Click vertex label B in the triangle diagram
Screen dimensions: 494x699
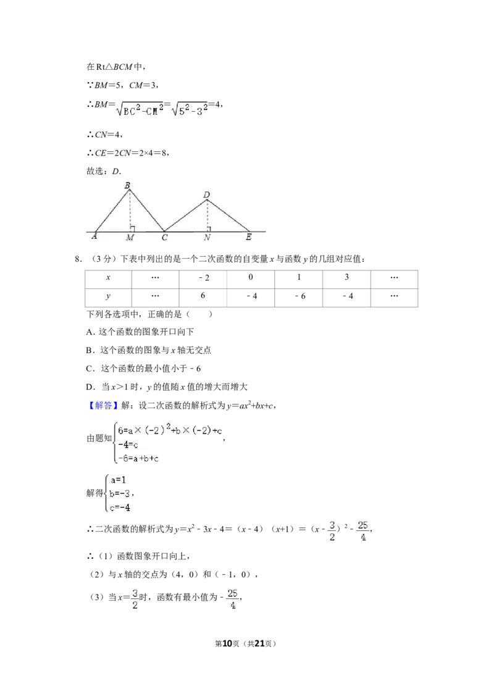pos(127,185)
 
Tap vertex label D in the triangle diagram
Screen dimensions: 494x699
pos(206,195)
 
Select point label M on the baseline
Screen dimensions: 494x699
pos(130,238)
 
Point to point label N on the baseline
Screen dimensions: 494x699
pos(207,238)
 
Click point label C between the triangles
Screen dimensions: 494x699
pos(164,238)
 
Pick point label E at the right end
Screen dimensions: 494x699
pos(248,237)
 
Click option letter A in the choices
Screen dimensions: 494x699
pos(90,332)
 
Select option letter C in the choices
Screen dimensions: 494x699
pos(89,369)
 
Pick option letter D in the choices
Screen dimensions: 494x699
pos(90,387)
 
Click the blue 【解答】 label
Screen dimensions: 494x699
pos(103,405)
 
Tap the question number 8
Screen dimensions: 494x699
pos(77,259)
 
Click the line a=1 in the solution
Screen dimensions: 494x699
pos(119,480)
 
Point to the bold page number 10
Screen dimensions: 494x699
pos(227,643)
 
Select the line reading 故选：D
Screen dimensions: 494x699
pos(104,171)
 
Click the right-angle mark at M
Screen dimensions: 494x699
pos(132,229)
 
